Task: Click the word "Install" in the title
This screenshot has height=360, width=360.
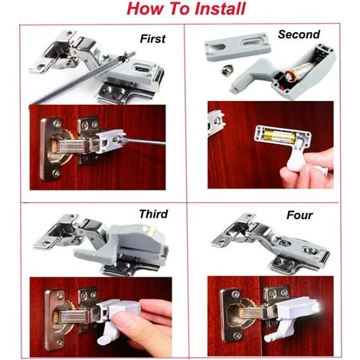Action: (x=220, y=8)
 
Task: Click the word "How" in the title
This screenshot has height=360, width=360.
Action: (x=145, y=8)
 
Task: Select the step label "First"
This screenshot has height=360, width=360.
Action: (x=152, y=39)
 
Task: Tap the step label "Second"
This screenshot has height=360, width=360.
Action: (x=299, y=34)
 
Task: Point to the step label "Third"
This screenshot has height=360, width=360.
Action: (x=153, y=214)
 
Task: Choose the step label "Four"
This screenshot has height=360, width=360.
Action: (x=299, y=215)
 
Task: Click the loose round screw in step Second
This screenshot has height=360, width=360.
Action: (x=225, y=70)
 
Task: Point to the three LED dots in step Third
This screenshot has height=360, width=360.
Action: (x=149, y=230)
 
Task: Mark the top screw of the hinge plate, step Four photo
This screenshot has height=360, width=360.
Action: (x=235, y=296)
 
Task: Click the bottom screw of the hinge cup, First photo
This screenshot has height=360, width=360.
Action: (x=56, y=174)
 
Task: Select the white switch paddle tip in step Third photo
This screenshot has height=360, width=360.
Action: (x=103, y=339)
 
